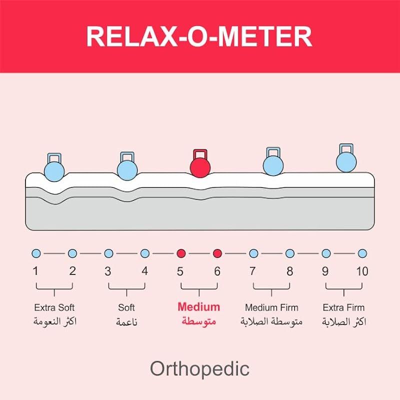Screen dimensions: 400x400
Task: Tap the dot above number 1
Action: pos(36,253)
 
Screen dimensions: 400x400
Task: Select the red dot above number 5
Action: pos(181,253)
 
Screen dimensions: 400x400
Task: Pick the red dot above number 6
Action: pos(217,253)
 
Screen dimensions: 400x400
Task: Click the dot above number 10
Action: pos(362,253)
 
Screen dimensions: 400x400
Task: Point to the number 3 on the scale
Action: pos(108,271)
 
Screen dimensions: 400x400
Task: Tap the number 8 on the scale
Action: pos(289,271)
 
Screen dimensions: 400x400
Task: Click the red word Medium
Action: pos(198,307)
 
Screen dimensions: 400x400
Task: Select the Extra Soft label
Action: pos(54,307)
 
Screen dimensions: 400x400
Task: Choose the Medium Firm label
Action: pos(271,307)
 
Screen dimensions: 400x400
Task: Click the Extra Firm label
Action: pos(344,307)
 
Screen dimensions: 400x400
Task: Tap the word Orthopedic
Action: pos(199,369)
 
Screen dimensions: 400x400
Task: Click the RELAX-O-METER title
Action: pos(199,36)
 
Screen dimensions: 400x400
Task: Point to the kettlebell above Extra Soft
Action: pos(54,168)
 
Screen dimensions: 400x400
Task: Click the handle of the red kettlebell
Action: pos(200,152)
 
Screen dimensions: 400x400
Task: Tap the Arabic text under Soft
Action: pos(127,322)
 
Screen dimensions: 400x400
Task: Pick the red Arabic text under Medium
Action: pos(198,321)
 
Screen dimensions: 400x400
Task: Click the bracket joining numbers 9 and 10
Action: pos(344,288)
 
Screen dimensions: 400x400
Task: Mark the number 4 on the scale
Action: pos(144,271)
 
